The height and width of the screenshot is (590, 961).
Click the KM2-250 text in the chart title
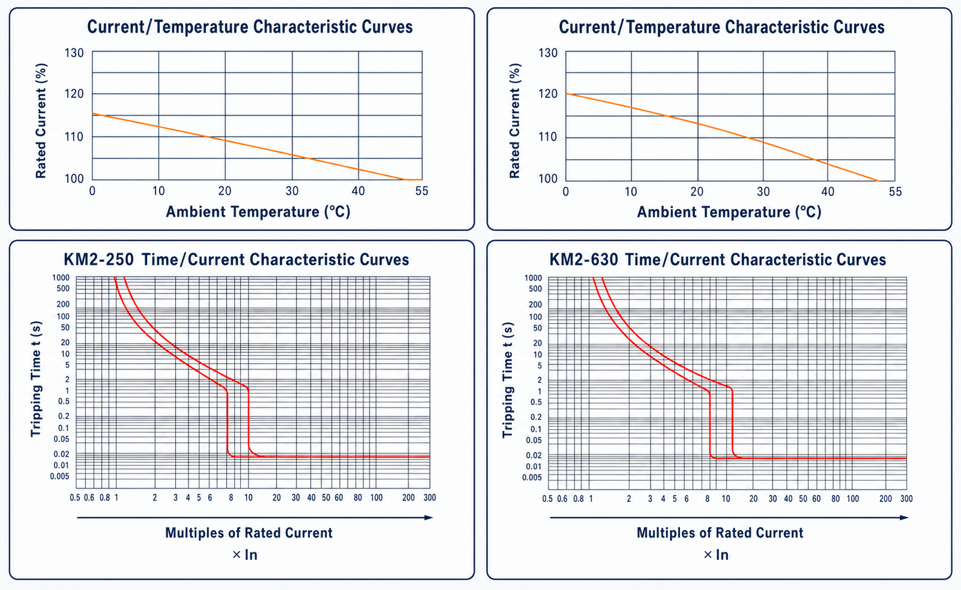point(98,260)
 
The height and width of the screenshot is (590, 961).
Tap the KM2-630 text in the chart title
point(584,260)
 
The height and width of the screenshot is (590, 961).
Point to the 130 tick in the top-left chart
point(74,53)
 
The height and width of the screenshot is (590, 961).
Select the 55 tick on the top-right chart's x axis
point(896,191)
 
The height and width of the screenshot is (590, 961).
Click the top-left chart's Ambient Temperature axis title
point(258,211)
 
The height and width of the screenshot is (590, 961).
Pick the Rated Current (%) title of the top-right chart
point(514,121)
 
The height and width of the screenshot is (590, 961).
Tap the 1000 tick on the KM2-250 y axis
point(61,278)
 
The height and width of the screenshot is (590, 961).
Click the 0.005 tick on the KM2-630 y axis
point(532,478)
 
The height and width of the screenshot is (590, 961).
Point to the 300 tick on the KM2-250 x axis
point(429,498)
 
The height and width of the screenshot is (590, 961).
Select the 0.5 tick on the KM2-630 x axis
point(547,499)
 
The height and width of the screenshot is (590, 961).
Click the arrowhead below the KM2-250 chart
point(429,517)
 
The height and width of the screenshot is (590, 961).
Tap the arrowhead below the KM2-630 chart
point(904,517)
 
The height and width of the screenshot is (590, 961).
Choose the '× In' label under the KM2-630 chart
point(716,555)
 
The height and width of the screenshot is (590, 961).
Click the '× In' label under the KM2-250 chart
point(244,555)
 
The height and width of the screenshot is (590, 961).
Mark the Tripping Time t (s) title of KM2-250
point(36,379)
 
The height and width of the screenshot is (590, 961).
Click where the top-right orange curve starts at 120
point(566,94)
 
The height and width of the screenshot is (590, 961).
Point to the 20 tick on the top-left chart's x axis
point(225,191)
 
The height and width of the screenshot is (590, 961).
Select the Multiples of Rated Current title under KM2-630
point(720,532)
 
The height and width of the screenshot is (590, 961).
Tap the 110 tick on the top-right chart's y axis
point(547,137)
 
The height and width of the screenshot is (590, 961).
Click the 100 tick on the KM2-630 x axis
point(852,499)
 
